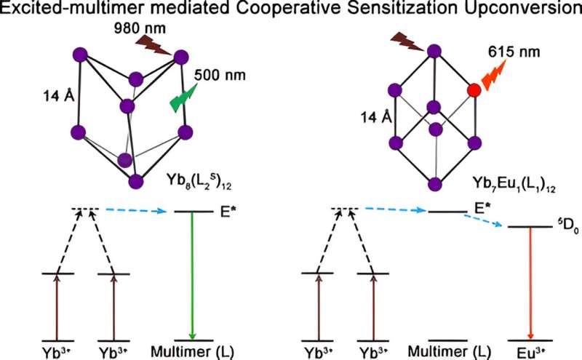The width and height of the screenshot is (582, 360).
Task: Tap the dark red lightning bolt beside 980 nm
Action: pos(154,49)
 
